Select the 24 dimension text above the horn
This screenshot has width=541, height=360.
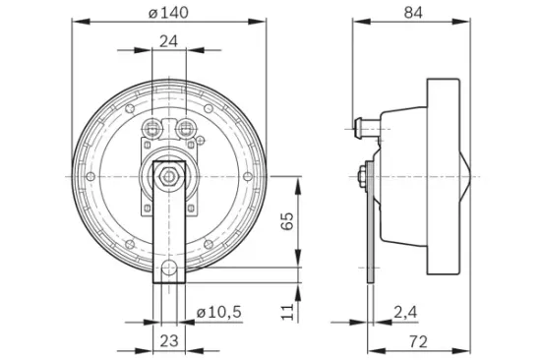(x=169, y=41)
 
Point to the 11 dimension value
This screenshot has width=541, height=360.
(x=287, y=311)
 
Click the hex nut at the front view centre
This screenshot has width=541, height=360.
(x=169, y=177)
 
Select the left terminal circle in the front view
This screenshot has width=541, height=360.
(x=152, y=127)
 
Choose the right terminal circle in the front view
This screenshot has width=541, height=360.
(x=185, y=127)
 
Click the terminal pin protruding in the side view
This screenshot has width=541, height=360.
(x=357, y=125)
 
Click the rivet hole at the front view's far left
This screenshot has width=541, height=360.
(x=90, y=177)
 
